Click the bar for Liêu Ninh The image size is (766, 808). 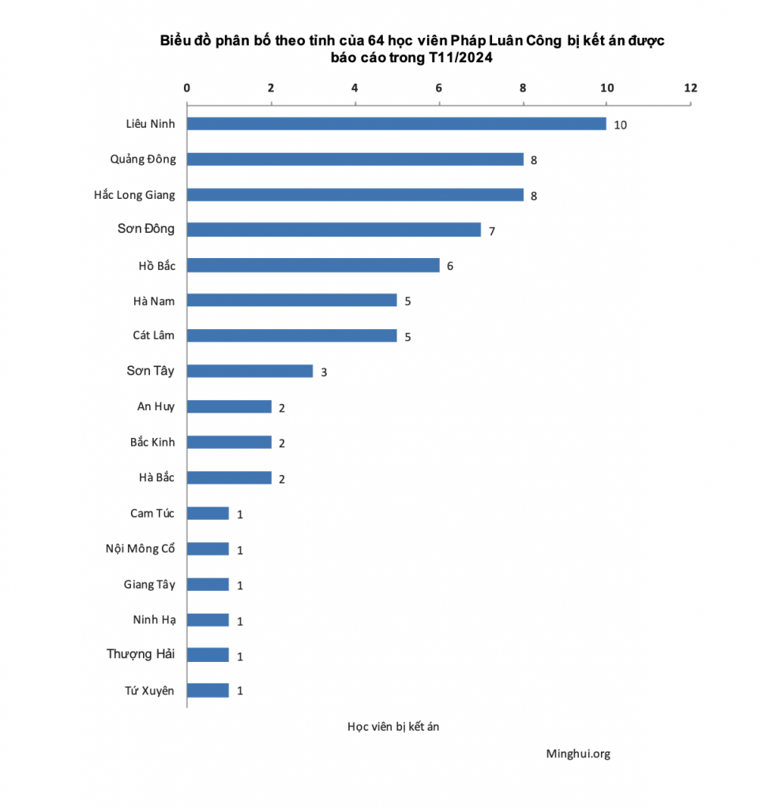click(x=396, y=124)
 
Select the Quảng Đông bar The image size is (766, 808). click(x=355, y=159)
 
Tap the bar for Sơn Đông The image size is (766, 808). click(x=333, y=230)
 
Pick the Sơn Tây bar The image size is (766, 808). click(x=250, y=371)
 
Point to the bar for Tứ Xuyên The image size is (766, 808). click(x=208, y=690)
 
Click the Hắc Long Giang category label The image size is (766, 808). click(x=134, y=195)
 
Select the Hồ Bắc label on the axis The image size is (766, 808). click(x=156, y=265)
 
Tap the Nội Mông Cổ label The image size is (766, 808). click(x=140, y=548)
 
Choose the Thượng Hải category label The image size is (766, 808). click(x=141, y=654)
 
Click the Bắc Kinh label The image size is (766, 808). click(x=152, y=442)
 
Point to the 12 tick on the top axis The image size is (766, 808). click(x=691, y=88)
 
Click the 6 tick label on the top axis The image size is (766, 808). click(x=439, y=88)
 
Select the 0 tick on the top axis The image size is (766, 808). click(x=187, y=88)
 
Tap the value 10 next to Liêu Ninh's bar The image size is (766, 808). click(x=620, y=125)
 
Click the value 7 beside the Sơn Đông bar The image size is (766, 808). click(x=491, y=231)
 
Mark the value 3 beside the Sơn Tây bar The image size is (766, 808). click(x=323, y=372)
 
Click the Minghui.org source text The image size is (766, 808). click(x=578, y=754)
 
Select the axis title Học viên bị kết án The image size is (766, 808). click(x=393, y=727)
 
